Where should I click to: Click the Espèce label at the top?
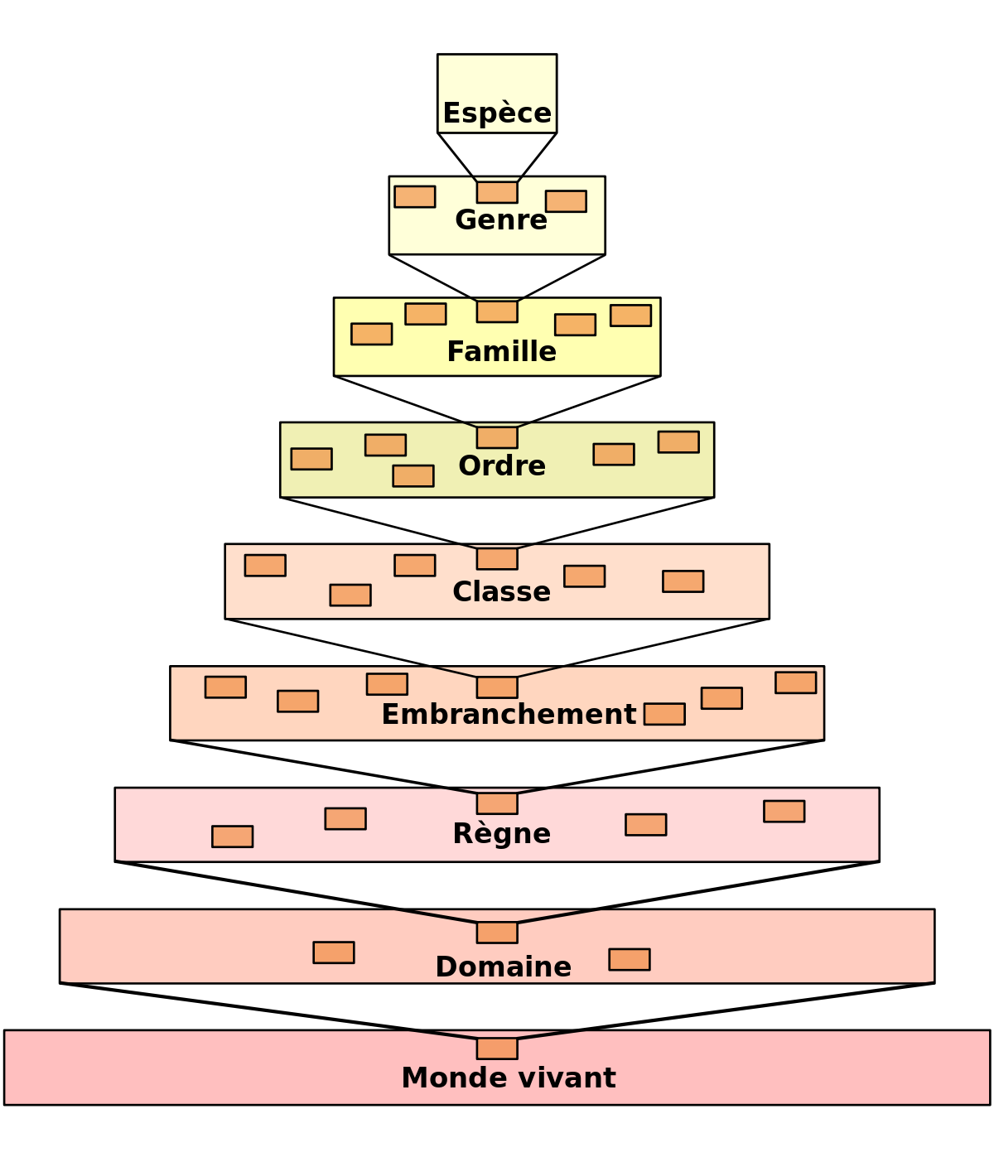tap(497, 113)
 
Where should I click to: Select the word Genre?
tap(501, 220)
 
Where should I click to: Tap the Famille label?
tap(501, 352)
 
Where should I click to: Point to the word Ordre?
tap(502, 466)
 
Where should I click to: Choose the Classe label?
tap(501, 592)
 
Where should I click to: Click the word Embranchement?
tap(509, 715)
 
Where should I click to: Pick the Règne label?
tap(501, 834)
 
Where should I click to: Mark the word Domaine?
tap(503, 967)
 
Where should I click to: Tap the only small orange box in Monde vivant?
tap(497, 1049)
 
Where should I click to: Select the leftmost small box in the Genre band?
tap(415, 197)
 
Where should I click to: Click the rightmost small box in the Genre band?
tap(566, 201)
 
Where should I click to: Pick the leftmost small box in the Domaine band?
tap(334, 952)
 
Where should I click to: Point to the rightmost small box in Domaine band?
tap(630, 959)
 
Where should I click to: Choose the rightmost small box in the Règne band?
tap(784, 812)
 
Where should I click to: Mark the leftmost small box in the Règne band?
tap(232, 837)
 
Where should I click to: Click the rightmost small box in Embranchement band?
tap(795, 682)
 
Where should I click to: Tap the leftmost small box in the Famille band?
tap(371, 334)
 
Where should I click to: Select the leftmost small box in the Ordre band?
tap(311, 459)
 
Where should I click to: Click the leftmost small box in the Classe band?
tap(265, 566)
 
